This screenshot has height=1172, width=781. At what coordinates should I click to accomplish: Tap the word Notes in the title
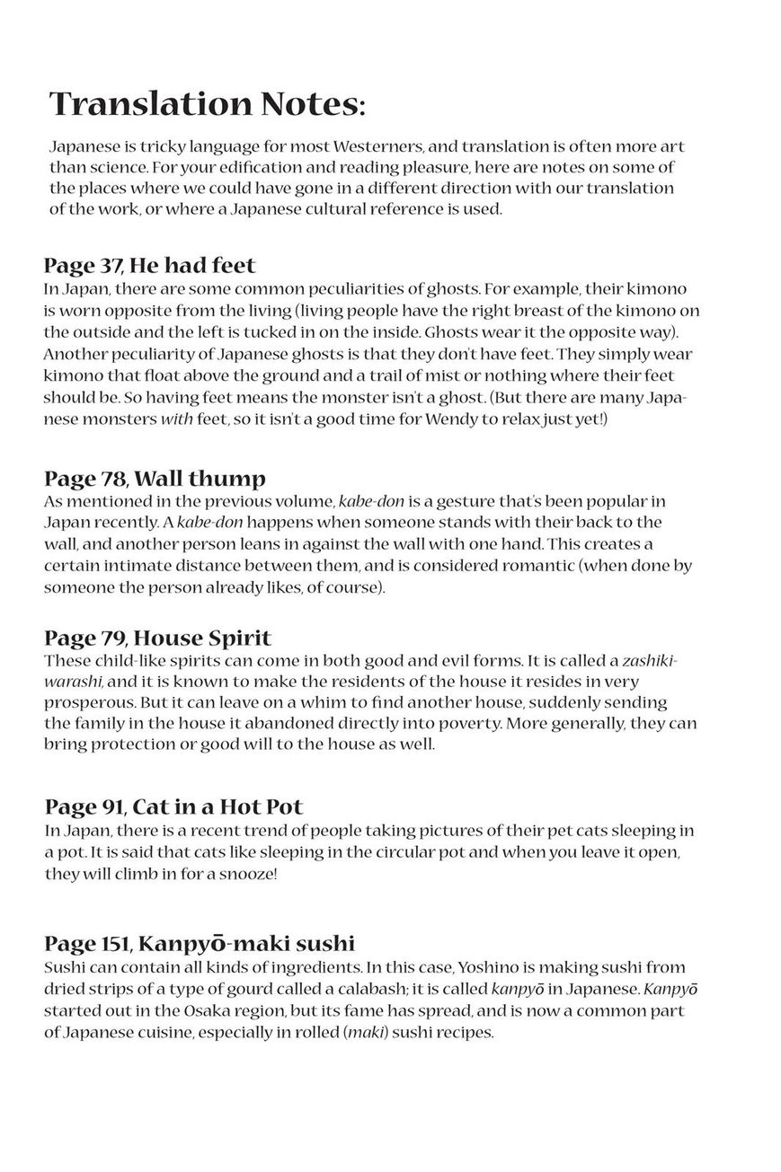pos(308,105)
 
